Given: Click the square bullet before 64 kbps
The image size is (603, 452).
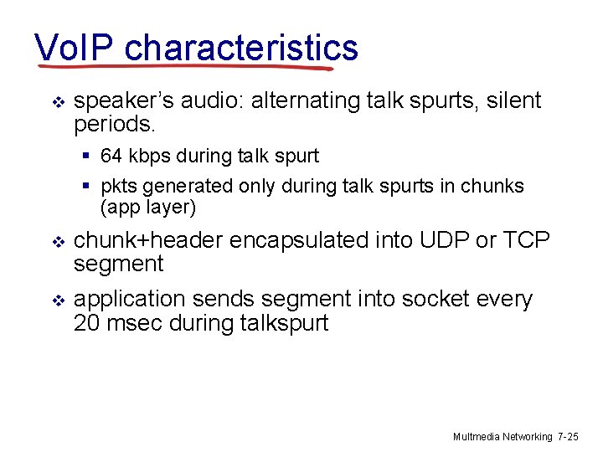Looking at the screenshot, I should click(x=86, y=157).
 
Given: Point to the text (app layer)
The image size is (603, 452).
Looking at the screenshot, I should click(x=147, y=206).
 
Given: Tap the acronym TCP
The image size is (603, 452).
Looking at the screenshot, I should click(x=526, y=240).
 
